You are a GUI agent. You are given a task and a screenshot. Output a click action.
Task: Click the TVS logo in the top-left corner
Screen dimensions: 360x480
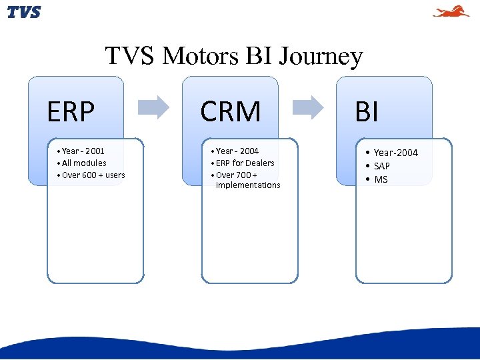[x=24, y=12]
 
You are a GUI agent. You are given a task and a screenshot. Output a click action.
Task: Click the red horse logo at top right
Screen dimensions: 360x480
[x=451, y=11]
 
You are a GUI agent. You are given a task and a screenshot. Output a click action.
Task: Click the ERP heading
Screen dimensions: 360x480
[x=71, y=112]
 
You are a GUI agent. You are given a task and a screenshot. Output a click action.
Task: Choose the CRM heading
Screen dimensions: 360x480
[x=231, y=112]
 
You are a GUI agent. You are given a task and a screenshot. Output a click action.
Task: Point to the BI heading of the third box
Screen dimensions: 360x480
[x=367, y=112]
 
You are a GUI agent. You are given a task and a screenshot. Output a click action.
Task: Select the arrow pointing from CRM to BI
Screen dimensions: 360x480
[x=308, y=107]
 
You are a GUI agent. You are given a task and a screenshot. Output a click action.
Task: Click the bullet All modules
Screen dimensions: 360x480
[x=83, y=163]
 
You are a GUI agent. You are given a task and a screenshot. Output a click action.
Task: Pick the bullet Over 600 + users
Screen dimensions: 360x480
[x=93, y=175]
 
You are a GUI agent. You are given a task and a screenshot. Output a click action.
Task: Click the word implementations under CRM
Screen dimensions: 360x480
[x=248, y=185]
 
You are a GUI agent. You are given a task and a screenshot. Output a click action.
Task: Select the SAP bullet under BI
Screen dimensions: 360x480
[x=381, y=166]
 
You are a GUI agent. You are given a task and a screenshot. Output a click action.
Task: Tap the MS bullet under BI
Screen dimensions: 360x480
[x=381, y=179]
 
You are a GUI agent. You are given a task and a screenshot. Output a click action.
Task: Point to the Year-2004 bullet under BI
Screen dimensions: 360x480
[x=395, y=153]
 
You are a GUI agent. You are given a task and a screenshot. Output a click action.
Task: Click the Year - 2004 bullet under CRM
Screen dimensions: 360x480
[x=237, y=151]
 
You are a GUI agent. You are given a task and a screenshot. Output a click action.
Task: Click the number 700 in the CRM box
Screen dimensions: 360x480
[x=243, y=175]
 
